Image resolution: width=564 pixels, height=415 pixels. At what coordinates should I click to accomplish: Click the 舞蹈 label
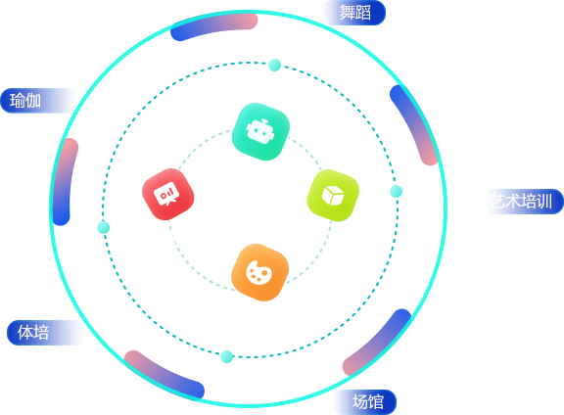tap(355, 13)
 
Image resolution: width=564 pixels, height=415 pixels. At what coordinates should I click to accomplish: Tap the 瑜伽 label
tap(25, 101)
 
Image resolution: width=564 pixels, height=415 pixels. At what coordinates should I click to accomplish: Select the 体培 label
tap(33, 332)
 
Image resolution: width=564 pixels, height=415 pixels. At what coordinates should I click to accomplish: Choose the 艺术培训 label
tap(522, 201)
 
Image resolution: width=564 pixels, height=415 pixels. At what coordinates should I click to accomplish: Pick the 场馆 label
tap(367, 401)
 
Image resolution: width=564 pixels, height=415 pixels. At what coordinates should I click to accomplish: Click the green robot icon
tap(260, 131)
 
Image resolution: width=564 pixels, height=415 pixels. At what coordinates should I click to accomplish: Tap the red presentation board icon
tap(168, 194)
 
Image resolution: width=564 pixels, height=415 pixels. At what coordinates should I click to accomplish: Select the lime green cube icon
tap(333, 196)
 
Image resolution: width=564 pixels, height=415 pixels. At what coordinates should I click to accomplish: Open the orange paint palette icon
tap(259, 272)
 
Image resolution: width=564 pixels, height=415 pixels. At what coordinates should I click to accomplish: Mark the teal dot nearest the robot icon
tap(275, 66)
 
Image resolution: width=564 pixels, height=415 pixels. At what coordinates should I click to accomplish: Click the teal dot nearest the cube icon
tap(396, 191)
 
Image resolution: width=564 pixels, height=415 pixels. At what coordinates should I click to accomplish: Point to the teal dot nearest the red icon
tap(103, 228)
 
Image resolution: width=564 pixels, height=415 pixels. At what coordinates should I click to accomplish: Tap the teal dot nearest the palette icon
tap(226, 356)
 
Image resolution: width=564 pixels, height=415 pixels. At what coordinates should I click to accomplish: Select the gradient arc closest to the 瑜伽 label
tap(64, 180)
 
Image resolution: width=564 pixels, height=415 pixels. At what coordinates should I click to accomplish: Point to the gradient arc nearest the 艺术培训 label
tap(415, 123)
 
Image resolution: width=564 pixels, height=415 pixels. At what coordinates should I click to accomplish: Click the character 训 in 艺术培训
tap(544, 201)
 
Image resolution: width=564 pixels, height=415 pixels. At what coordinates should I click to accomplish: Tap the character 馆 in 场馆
tap(376, 401)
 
